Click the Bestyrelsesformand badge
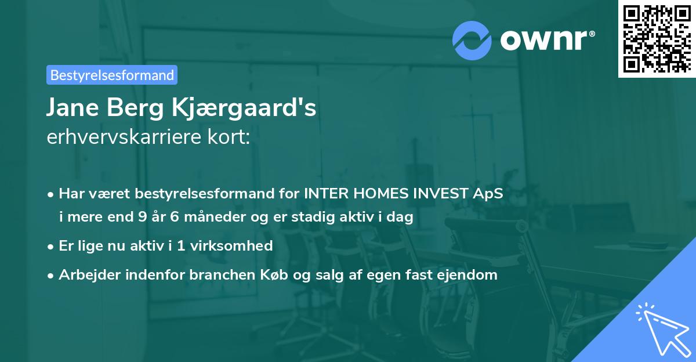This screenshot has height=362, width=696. pyautogui.click(x=112, y=75)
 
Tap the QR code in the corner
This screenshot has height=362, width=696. pyautogui.click(x=657, y=38)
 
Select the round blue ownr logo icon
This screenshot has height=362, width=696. pyautogui.click(x=472, y=40)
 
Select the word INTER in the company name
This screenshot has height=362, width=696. pyautogui.click(x=323, y=194)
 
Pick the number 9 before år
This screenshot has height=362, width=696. pyautogui.click(x=142, y=218)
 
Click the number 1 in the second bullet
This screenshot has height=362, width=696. pyautogui.click(x=182, y=245)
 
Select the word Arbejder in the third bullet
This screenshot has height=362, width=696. pyautogui.click(x=85, y=274)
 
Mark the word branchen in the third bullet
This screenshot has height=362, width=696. pyautogui.click(x=218, y=274)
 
